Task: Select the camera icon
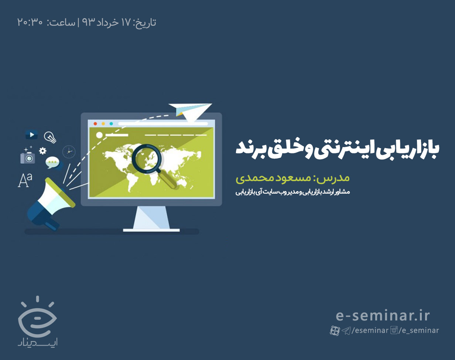(x=27, y=157)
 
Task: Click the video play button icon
(x=32, y=135)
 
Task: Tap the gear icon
(x=43, y=150)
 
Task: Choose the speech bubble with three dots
(x=53, y=162)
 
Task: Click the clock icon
(x=69, y=152)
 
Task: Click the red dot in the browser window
(x=95, y=124)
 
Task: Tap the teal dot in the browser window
(x=111, y=124)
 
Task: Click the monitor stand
(x=151, y=220)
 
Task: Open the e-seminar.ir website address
(x=383, y=316)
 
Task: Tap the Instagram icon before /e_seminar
(x=394, y=330)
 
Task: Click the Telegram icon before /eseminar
(x=346, y=330)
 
